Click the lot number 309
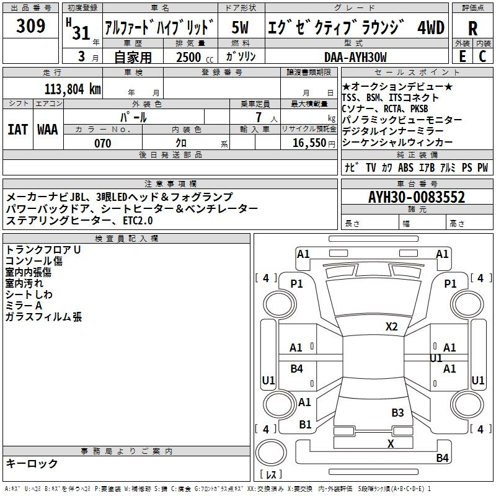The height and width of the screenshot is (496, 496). (x=30, y=25)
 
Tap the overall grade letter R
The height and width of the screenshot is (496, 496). (x=472, y=28)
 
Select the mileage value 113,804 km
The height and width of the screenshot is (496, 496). (x=73, y=89)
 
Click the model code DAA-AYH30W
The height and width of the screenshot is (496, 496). (x=355, y=57)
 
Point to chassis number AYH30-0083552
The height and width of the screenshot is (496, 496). (x=417, y=197)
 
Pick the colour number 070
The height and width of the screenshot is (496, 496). (x=103, y=143)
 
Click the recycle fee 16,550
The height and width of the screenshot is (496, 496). (x=309, y=143)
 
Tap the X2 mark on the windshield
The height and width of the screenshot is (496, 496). (x=391, y=327)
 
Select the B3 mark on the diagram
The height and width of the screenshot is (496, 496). (x=397, y=412)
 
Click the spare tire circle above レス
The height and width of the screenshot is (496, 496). (x=271, y=453)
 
